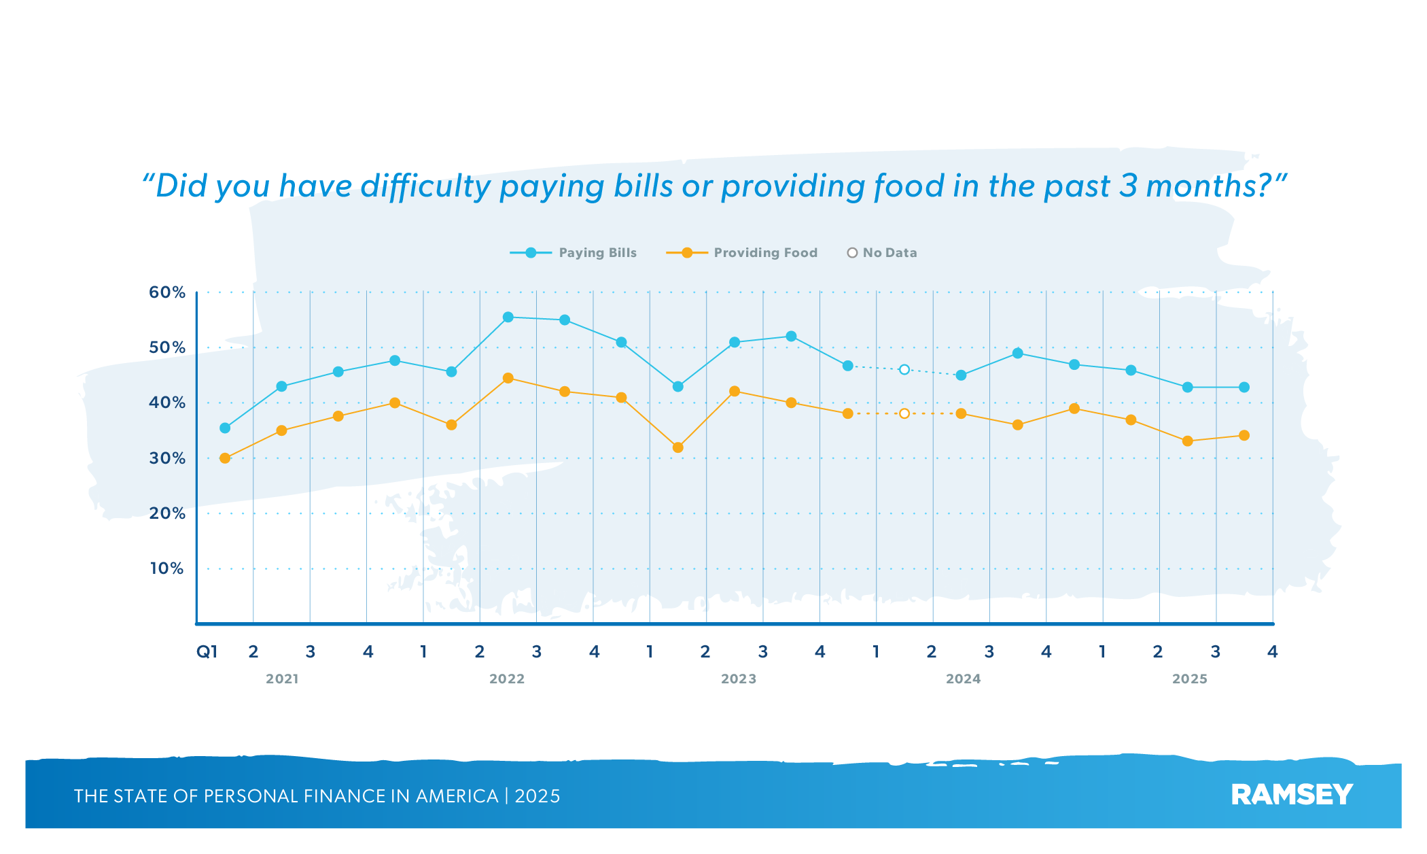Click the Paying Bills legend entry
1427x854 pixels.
pos(574,253)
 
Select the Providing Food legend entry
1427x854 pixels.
pos(742,253)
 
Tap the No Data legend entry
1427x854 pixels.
pos(882,253)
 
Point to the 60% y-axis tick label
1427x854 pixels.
pos(167,292)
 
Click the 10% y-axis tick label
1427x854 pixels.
pos(167,568)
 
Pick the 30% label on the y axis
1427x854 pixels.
pos(167,458)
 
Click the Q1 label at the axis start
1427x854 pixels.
pos(207,652)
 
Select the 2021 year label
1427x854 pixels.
pos(282,679)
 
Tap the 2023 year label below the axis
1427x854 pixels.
pos(739,679)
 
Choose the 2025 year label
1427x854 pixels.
pos(1190,679)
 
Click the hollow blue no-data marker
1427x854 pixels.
pos(904,370)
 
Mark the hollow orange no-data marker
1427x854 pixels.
pos(904,413)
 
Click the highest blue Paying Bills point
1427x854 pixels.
pos(508,317)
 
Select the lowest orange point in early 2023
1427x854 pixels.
pos(678,447)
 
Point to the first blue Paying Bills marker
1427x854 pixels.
pos(225,428)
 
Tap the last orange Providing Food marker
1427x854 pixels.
pos(1244,436)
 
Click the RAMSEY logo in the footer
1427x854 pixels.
pos(1292,795)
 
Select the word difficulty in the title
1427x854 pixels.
pos(425,186)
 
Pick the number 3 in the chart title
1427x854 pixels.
pos(1128,186)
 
